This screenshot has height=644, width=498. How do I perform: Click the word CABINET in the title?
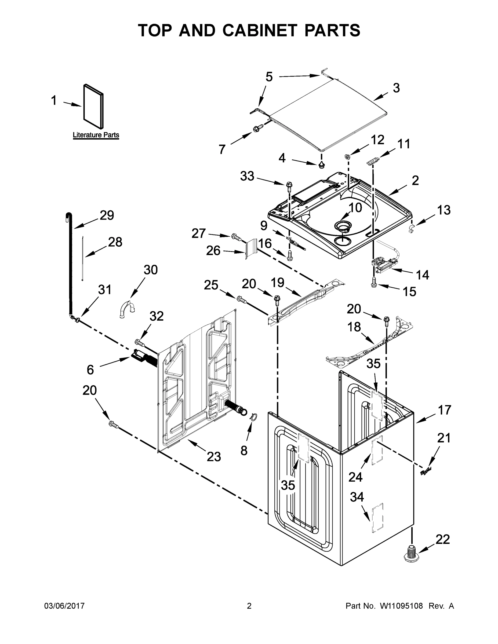[260, 30]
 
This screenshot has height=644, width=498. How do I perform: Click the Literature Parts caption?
[96, 135]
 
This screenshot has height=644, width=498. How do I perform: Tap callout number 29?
[107, 215]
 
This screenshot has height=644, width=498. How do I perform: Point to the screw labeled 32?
[140, 342]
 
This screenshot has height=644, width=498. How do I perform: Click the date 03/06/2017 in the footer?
[64, 606]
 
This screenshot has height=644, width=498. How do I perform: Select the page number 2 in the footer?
[249, 606]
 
